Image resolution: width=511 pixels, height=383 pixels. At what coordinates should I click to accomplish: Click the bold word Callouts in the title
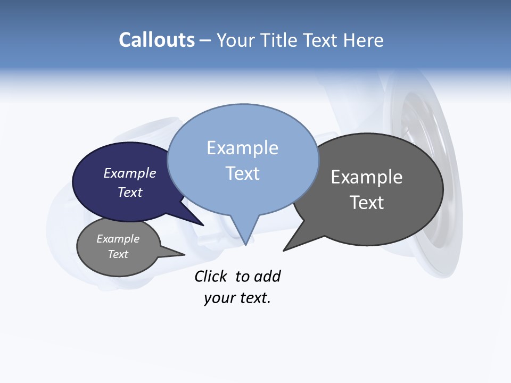156,40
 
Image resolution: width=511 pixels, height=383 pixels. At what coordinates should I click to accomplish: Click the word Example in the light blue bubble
242,148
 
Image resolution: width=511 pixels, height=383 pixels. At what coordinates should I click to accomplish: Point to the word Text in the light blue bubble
242,173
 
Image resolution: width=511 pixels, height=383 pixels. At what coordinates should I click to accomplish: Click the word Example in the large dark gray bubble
367,177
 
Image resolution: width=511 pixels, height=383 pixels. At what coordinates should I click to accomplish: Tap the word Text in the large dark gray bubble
367,203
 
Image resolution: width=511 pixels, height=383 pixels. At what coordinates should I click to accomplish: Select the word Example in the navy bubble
130,173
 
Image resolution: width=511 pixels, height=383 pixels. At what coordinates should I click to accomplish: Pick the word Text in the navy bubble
130,192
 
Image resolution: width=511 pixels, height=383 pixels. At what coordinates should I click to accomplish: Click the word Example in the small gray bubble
118,239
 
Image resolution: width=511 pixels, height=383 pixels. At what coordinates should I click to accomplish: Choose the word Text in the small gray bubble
118,254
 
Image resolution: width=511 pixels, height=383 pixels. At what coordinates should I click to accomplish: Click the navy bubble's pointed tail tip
203,225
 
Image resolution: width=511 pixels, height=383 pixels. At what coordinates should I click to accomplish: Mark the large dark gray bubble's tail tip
284,250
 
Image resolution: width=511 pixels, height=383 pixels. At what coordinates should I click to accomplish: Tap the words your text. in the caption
237,298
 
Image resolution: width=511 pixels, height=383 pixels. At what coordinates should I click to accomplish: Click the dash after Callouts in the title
205,40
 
